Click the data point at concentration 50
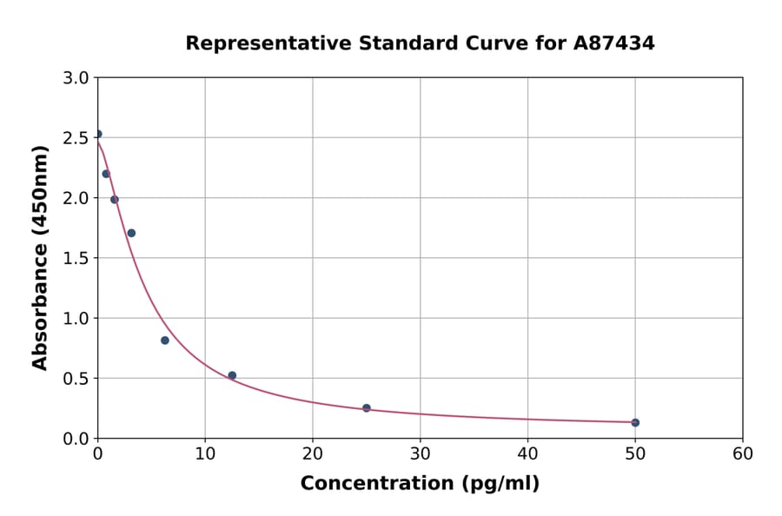[635, 422]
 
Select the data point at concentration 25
[367, 407]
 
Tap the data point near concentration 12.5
[232, 375]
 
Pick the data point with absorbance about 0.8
[165, 341]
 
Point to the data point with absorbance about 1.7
[131, 233]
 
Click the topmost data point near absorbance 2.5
[98, 134]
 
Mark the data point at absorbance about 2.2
[106, 174]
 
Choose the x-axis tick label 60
[742, 453]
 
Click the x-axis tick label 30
[420, 453]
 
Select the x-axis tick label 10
[205, 453]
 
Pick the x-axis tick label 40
[527, 453]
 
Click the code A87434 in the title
[614, 43]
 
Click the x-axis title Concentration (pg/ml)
[420, 484]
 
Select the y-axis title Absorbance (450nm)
[40, 257]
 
